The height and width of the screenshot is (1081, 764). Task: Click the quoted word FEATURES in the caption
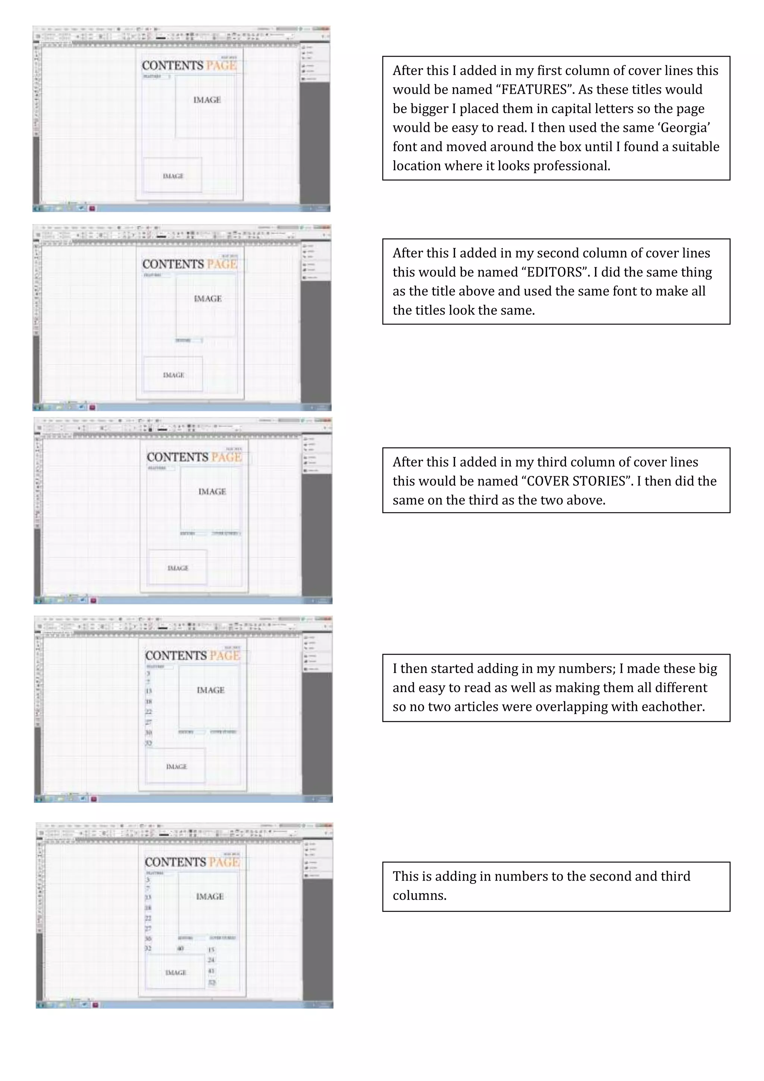(534, 90)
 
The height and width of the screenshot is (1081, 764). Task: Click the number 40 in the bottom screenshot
(180, 949)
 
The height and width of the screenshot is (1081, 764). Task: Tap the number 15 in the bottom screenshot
(211, 950)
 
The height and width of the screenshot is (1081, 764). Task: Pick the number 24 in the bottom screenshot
(211, 960)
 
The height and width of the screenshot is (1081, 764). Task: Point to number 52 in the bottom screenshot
(212, 982)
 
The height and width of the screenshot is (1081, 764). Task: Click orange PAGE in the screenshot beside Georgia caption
(221, 66)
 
